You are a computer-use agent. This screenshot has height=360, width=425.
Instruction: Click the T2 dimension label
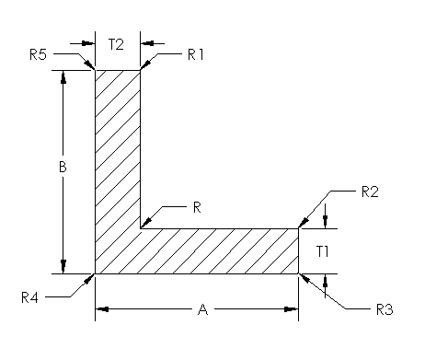point(118,43)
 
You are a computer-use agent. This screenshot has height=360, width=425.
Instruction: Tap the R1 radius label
point(195,54)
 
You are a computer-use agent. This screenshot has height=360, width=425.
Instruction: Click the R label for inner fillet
point(196,207)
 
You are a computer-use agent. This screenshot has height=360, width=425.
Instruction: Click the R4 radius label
point(30,296)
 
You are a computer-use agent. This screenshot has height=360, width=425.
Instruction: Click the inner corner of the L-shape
point(141,228)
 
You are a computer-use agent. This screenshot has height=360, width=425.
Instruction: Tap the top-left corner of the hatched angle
point(96,70)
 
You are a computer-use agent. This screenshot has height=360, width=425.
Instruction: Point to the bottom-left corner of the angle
point(96,273)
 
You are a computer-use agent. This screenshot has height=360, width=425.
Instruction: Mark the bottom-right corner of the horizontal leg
point(300,273)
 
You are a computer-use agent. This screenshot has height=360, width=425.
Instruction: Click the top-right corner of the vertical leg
point(141,70)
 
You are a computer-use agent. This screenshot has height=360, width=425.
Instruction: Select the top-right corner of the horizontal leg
point(300,228)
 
